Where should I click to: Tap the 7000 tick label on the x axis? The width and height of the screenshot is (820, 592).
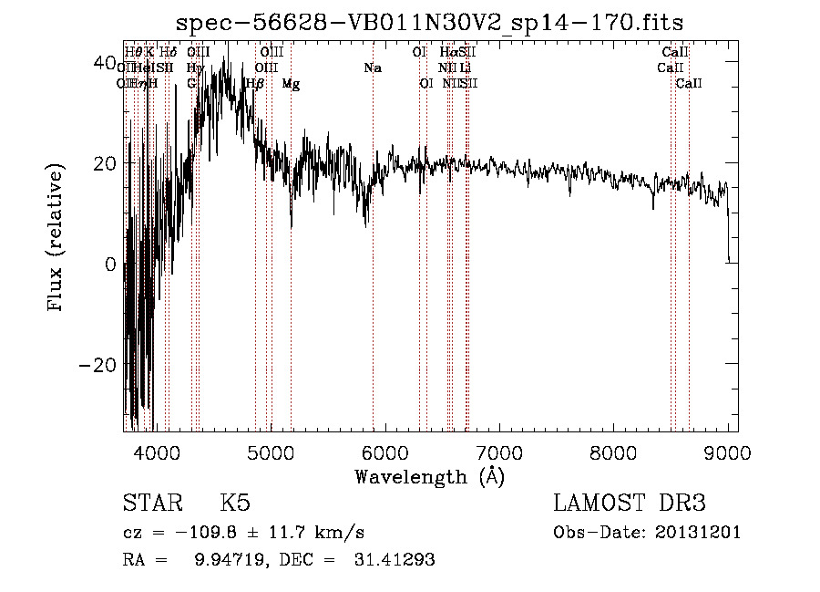click(x=499, y=452)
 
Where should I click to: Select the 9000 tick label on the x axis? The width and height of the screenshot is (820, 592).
click(x=728, y=452)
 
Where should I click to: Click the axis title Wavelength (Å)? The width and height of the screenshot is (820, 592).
click(x=429, y=476)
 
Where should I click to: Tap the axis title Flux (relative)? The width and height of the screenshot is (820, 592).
click(x=56, y=237)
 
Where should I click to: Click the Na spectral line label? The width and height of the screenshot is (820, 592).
click(x=373, y=68)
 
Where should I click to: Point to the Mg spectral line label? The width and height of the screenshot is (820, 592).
click(x=291, y=84)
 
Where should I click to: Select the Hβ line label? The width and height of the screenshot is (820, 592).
click(x=255, y=84)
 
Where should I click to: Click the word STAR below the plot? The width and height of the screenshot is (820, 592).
click(x=151, y=504)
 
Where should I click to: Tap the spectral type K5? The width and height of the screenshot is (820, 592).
click(x=235, y=504)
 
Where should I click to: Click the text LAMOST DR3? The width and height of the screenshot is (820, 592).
click(x=630, y=504)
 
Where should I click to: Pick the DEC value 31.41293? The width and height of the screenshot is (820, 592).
click(x=394, y=559)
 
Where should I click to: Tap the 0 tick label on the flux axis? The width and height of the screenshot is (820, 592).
click(x=110, y=265)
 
